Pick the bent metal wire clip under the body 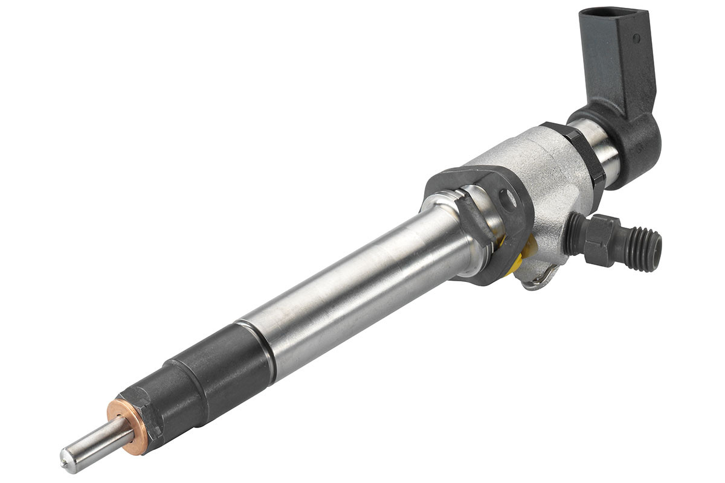538,281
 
